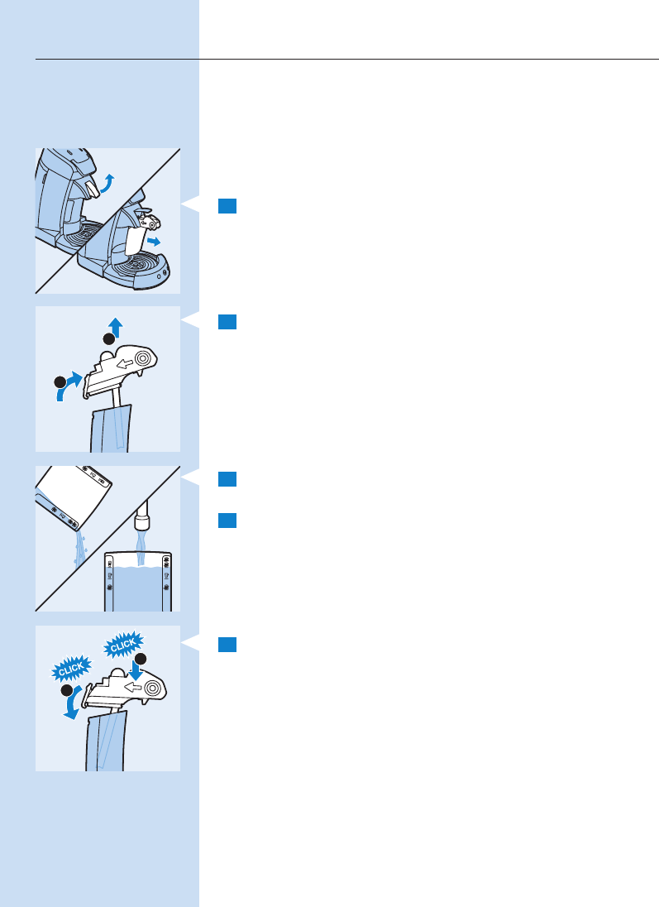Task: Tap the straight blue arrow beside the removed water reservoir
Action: coord(154,241)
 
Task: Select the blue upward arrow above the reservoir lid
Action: coord(116,327)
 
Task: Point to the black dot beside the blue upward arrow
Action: coord(108,339)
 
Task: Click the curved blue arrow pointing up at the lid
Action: coord(68,386)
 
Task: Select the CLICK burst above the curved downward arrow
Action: coord(71,669)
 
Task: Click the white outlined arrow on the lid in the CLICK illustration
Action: coord(133,687)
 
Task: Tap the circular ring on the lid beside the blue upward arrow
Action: coord(143,359)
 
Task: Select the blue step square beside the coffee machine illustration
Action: coord(227,206)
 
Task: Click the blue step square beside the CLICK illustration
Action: coord(227,645)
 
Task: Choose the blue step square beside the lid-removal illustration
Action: coord(227,322)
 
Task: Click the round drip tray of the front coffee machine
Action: coord(139,266)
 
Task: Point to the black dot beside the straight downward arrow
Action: coord(140,659)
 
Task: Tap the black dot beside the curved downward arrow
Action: coord(67,690)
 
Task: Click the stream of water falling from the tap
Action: coord(141,549)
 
